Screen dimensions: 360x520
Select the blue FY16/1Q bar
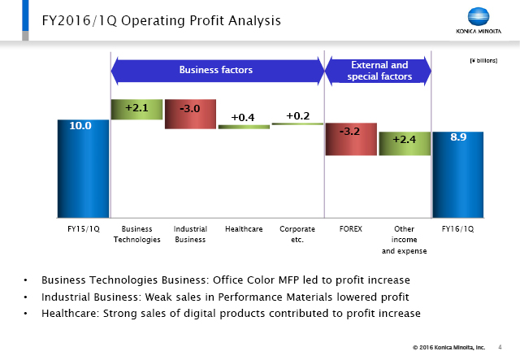click(457, 175)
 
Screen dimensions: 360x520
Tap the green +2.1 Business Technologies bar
click(136, 109)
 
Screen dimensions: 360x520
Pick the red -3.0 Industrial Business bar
click(190, 114)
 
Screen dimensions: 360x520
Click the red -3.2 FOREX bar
click(350, 138)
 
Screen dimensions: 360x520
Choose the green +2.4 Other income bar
click(404, 143)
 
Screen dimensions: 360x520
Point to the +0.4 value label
click(243, 118)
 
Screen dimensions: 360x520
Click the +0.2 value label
click(297, 115)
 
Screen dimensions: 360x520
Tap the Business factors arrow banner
click(216, 70)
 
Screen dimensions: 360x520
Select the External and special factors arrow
click(379, 71)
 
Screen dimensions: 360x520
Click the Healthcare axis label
click(244, 229)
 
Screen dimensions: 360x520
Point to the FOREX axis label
click(350, 229)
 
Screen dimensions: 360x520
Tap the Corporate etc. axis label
click(297, 234)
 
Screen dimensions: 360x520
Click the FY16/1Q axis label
click(457, 229)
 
